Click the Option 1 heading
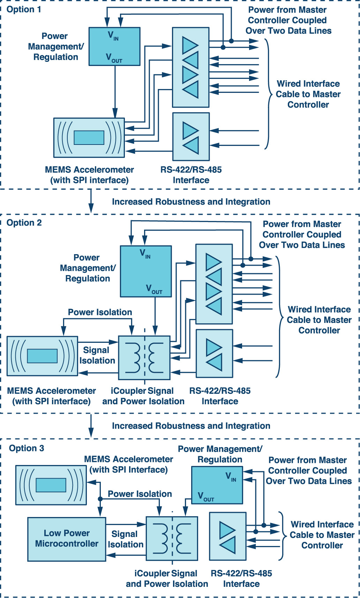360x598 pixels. (x=24, y=9)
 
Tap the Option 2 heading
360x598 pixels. (x=24, y=223)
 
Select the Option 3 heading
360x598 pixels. (x=27, y=448)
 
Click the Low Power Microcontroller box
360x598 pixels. (x=67, y=539)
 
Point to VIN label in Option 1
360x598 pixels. (x=113, y=36)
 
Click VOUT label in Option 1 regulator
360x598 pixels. (x=114, y=58)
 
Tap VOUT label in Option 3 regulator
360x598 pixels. (x=206, y=496)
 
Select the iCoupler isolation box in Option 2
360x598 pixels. (x=144, y=358)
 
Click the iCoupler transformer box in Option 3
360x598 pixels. (x=172, y=538)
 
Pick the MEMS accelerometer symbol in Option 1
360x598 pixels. (x=89, y=138)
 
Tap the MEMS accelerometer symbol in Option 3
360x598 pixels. (x=51, y=485)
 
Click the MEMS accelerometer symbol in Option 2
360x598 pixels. (x=42, y=356)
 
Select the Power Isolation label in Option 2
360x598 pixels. (x=100, y=312)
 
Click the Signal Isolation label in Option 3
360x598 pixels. (x=125, y=539)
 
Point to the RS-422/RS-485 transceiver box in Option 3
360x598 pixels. (x=227, y=536)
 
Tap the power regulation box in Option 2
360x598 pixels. (x=146, y=271)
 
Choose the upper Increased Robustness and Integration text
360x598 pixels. (x=191, y=202)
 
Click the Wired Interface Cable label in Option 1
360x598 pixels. (x=308, y=94)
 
